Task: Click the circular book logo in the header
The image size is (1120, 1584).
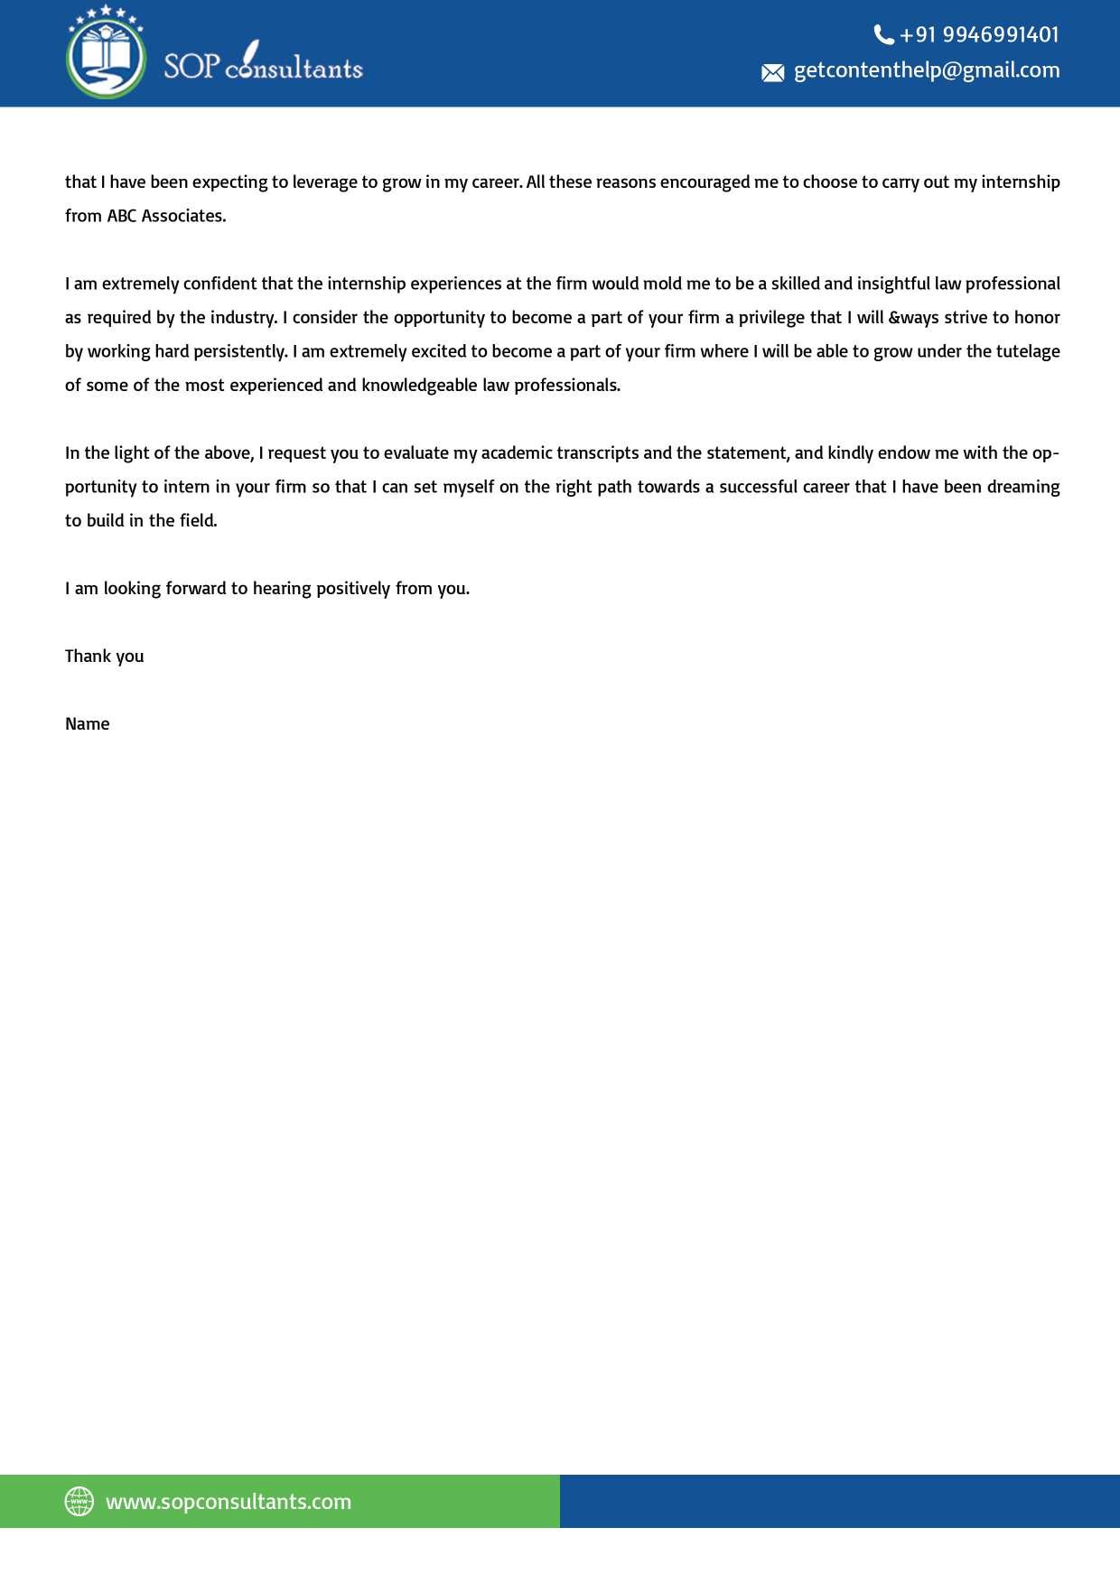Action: (x=106, y=52)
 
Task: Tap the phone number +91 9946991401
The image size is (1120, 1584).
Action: (x=979, y=34)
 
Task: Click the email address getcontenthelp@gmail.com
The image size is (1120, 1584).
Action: (x=927, y=70)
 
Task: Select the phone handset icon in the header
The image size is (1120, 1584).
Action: (x=883, y=35)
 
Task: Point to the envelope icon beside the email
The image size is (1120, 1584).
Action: (x=773, y=72)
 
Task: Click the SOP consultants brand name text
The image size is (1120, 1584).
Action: (x=263, y=65)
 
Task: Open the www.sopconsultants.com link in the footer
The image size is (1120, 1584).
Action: (x=229, y=1501)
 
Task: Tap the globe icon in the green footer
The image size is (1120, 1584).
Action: (x=79, y=1501)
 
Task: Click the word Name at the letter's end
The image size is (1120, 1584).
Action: (x=88, y=723)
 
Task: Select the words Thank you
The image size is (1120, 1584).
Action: (x=105, y=656)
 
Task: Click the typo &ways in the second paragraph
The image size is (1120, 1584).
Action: (x=913, y=317)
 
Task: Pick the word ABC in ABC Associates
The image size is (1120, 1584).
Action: (x=121, y=216)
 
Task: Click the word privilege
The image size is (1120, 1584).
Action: (x=789, y=317)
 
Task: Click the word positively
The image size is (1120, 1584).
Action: (x=353, y=588)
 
